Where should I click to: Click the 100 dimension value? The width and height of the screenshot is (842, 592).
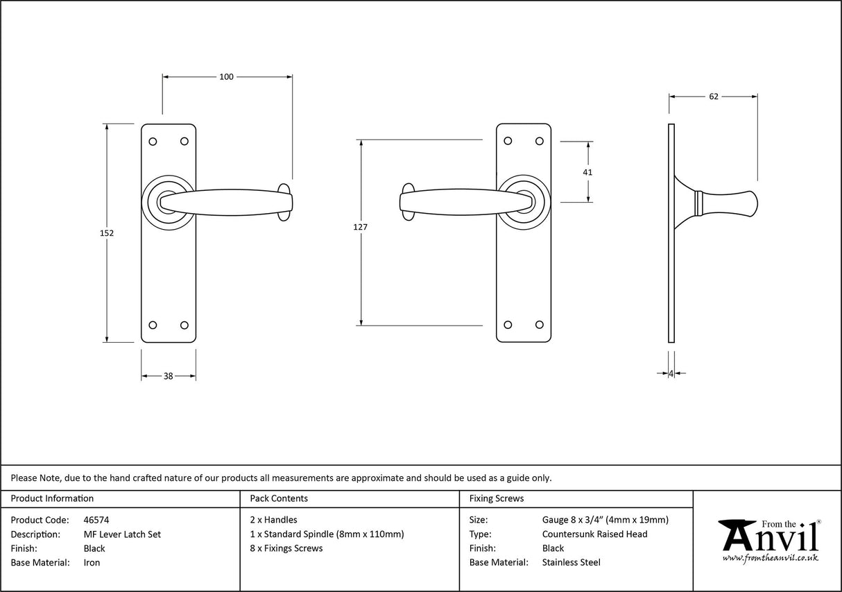[227, 76]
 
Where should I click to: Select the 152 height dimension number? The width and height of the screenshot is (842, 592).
[106, 233]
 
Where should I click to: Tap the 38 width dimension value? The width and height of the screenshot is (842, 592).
[169, 376]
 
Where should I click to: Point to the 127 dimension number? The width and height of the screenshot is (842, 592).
[360, 227]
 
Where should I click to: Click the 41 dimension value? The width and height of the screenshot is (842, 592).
[588, 171]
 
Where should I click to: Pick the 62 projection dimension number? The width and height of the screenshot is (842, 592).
[714, 96]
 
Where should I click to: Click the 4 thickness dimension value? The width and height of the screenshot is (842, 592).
[671, 373]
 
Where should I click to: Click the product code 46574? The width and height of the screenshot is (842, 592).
[96, 520]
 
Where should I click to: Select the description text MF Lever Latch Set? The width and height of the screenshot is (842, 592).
[121, 534]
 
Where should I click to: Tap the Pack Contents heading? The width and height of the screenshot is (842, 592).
[279, 498]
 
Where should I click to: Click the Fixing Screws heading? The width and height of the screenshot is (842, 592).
[497, 498]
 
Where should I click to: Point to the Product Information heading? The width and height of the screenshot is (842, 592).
[52, 498]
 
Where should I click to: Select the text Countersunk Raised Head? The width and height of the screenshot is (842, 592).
[594, 534]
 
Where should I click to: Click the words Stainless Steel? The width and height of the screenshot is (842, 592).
[571, 563]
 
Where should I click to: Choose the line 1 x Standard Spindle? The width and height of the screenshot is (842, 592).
[327, 534]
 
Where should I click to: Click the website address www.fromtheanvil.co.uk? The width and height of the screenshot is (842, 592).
[771, 558]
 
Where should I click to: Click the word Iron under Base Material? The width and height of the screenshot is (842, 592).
[92, 563]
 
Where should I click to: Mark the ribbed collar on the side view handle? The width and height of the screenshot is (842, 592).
[699, 202]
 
